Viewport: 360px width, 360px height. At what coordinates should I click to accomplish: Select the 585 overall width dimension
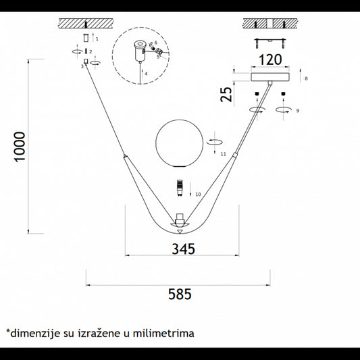coord(180,294)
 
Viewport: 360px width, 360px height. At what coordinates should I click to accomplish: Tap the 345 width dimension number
coord(183,249)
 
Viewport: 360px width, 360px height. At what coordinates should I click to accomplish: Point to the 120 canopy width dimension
coord(269,59)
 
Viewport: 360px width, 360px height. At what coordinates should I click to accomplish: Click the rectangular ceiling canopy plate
coord(270,78)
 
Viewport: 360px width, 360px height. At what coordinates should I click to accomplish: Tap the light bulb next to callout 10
coord(180,187)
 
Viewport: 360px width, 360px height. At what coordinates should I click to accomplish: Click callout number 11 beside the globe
coord(222,154)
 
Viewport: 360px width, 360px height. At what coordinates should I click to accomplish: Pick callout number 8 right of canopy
coord(306,79)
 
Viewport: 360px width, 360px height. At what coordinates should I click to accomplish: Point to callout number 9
coord(297,110)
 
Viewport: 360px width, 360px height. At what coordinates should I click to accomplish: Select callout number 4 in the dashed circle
coord(145,73)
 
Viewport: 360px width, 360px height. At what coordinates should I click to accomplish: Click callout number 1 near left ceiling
coord(98,40)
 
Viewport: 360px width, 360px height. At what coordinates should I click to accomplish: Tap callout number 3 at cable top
coord(82,66)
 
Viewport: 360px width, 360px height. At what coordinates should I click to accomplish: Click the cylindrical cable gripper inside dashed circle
coord(140,48)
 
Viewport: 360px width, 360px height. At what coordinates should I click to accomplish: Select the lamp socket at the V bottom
coord(180,220)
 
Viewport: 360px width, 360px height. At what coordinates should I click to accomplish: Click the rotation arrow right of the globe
coord(215,142)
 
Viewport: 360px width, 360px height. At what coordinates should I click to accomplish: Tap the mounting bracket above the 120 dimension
coord(270,38)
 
